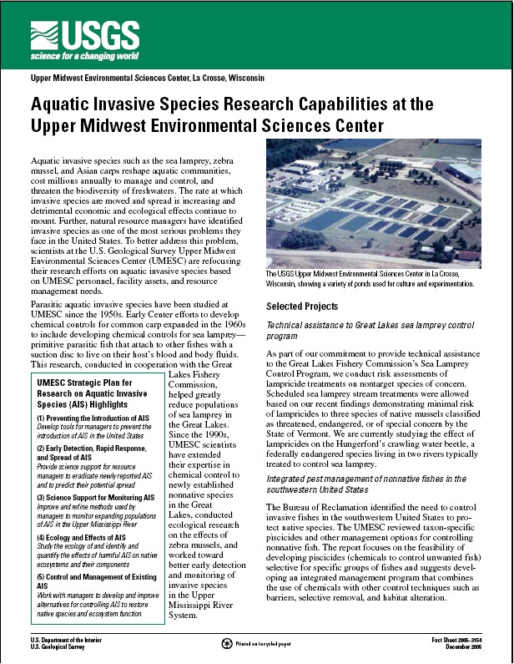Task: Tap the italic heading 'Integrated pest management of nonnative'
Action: click(366, 478)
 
